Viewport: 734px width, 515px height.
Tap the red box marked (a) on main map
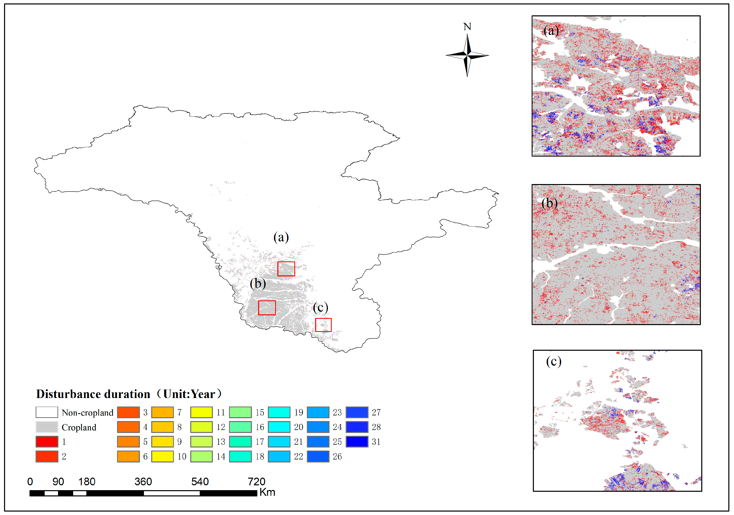286,269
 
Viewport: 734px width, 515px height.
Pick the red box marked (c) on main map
323,325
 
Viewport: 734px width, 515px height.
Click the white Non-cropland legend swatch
47,412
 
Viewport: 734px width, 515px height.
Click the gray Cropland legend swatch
47,427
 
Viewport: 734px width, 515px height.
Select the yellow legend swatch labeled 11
201,412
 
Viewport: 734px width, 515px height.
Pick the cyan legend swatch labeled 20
279,427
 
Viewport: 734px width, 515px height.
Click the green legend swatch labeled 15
240,412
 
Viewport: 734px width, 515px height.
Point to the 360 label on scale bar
143,481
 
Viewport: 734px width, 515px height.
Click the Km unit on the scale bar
267,492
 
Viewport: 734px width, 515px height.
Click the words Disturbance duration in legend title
93,394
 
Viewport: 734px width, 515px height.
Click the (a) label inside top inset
551,31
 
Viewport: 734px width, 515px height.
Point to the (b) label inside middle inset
550,203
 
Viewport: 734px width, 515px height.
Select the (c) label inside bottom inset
553,361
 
